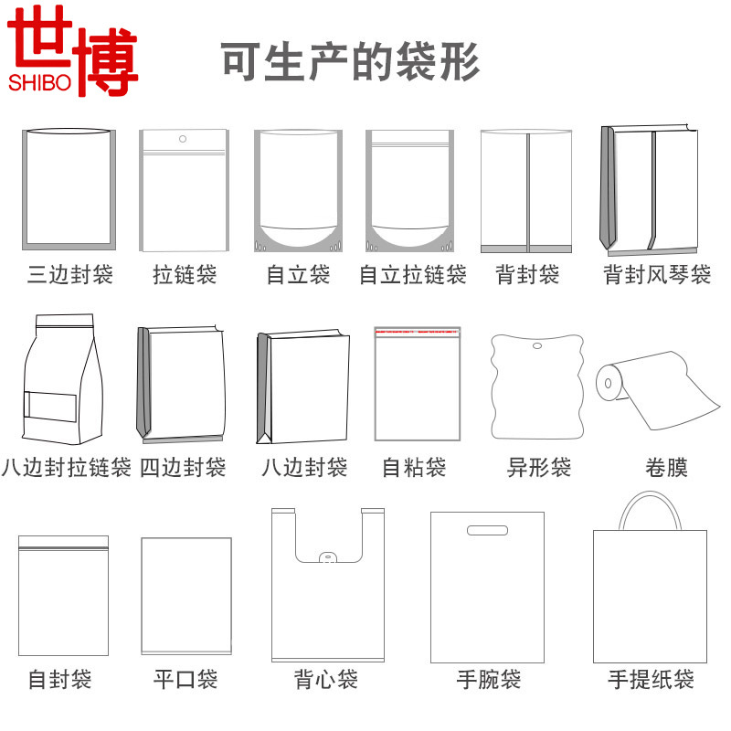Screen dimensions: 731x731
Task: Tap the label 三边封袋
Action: click(69, 274)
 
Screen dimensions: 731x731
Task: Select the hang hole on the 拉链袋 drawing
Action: click(183, 140)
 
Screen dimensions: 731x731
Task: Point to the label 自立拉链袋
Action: click(412, 274)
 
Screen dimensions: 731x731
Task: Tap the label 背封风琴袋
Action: click(656, 274)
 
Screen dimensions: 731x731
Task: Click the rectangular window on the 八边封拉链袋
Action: click(49, 406)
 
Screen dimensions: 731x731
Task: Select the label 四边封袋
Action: click(183, 468)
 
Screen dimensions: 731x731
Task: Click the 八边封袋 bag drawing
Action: click(303, 388)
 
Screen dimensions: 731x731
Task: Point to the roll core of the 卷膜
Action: click(607, 378)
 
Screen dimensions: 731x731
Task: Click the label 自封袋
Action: click(60, 680)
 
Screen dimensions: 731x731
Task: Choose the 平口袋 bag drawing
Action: click(186, 595)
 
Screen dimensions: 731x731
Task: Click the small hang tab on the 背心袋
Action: click(326, 557)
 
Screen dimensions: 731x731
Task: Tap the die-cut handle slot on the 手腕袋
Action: click(487, 530)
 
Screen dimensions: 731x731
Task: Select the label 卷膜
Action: click(666, 468)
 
